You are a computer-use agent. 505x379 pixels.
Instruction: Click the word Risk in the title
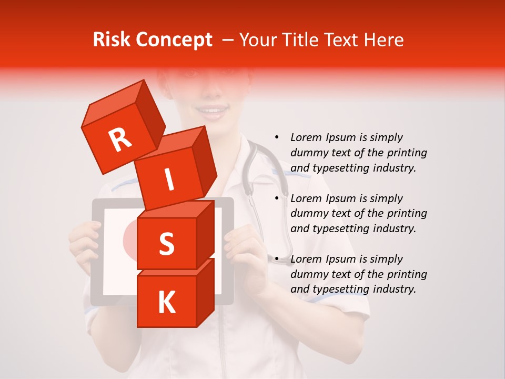(x=111, y=40)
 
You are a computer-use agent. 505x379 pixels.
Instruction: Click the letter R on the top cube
(x=120, y=139)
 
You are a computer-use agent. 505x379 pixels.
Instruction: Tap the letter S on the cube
(x=166, y=243)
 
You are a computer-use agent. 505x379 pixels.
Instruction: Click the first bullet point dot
(x=277, y=138)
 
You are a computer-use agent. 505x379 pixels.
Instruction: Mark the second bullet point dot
(x=277, y=198)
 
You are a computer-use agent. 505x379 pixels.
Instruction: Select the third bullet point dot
(x=277, y=259)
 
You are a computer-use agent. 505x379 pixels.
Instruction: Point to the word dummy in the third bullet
(x=308, y=274)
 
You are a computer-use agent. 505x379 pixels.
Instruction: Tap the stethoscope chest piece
(x=283, y=258)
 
